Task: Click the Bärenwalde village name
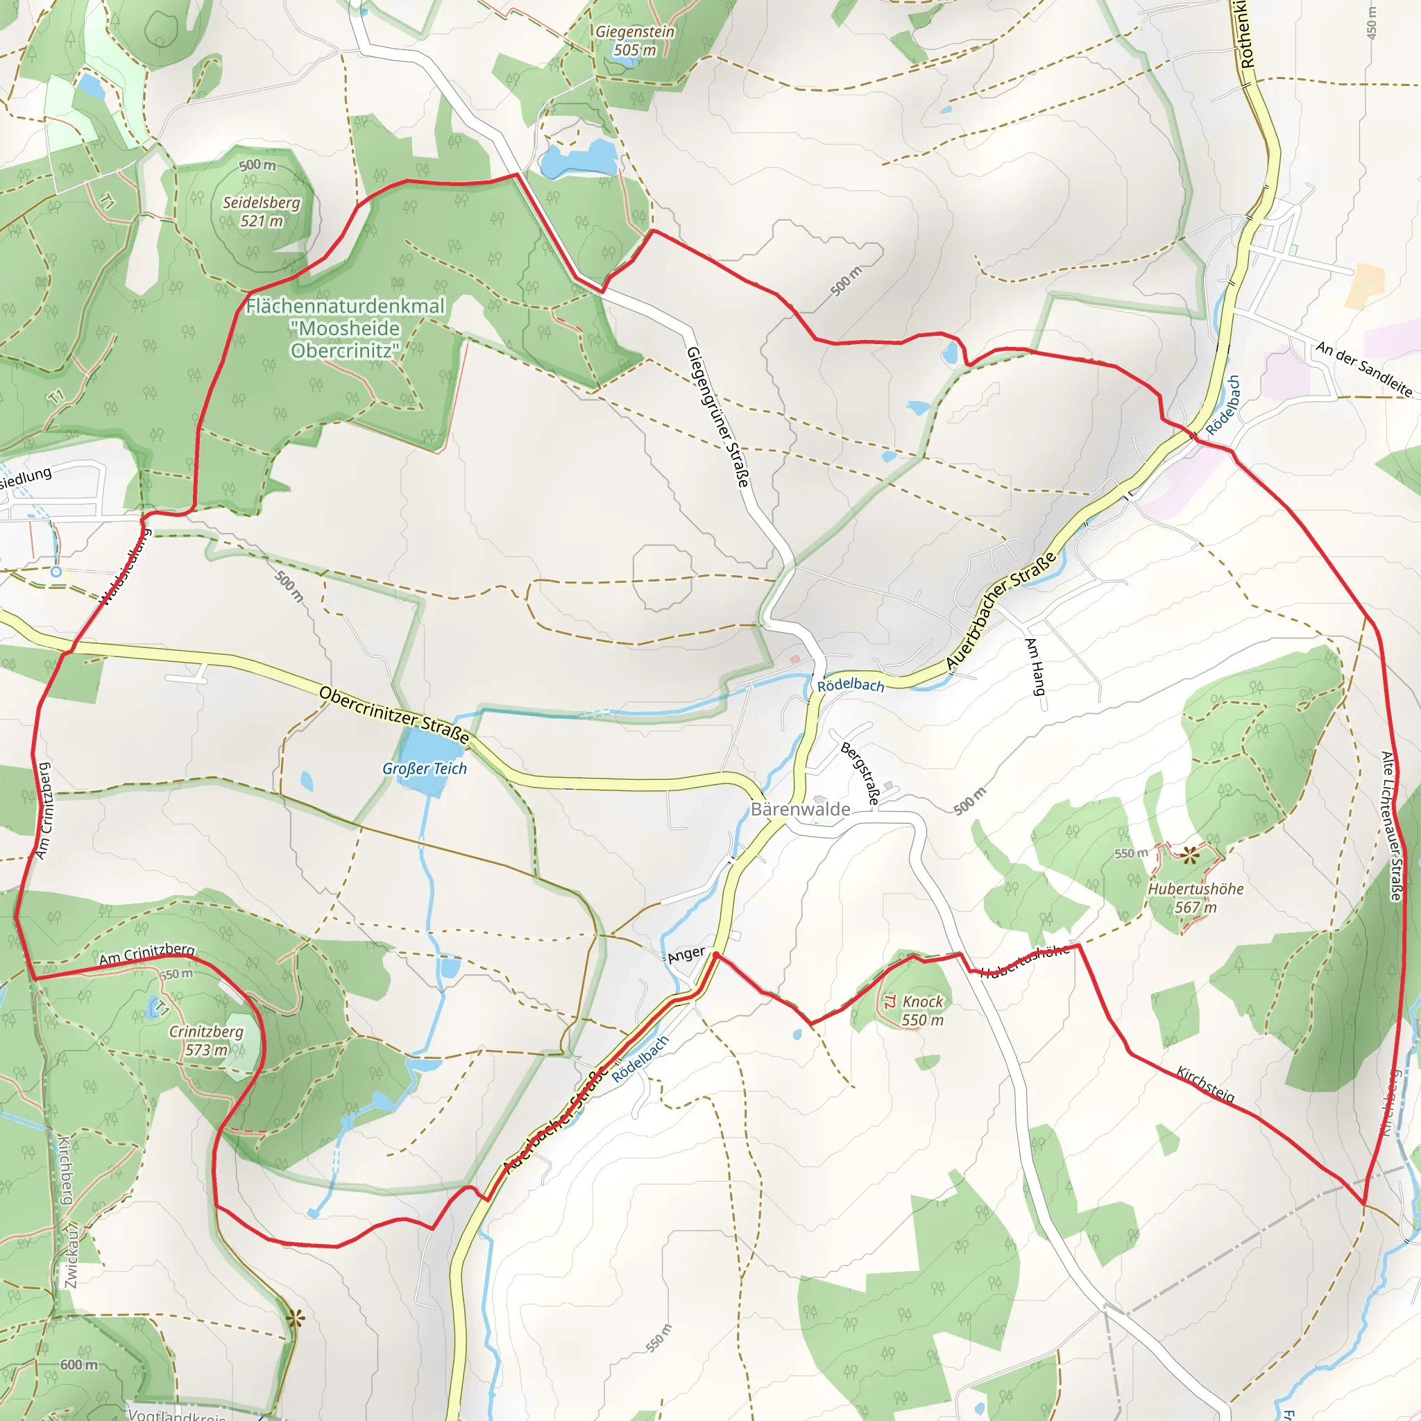click(800, 809)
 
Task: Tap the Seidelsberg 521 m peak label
click(261, 211)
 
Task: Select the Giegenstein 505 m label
click(634, 40)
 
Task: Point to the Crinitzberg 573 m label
click(206, 1040)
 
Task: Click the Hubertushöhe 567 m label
click(1195, 897)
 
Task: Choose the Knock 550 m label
click(922, 1010)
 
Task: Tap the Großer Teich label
click(425, 769)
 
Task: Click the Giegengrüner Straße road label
click(717, 416)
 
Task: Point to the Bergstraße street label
click(860, 772)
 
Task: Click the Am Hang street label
click(1035, 665)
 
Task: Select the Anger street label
click(686, 955)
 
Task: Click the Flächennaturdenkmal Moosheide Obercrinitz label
click(345, 328)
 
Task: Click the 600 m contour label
click(78, 1364)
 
